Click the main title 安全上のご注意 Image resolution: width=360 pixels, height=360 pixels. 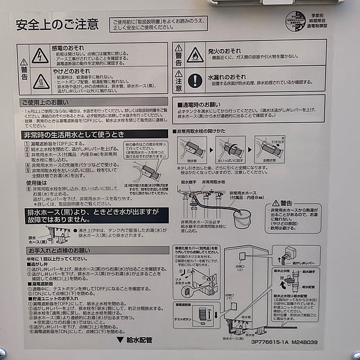[x=57, y=24]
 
